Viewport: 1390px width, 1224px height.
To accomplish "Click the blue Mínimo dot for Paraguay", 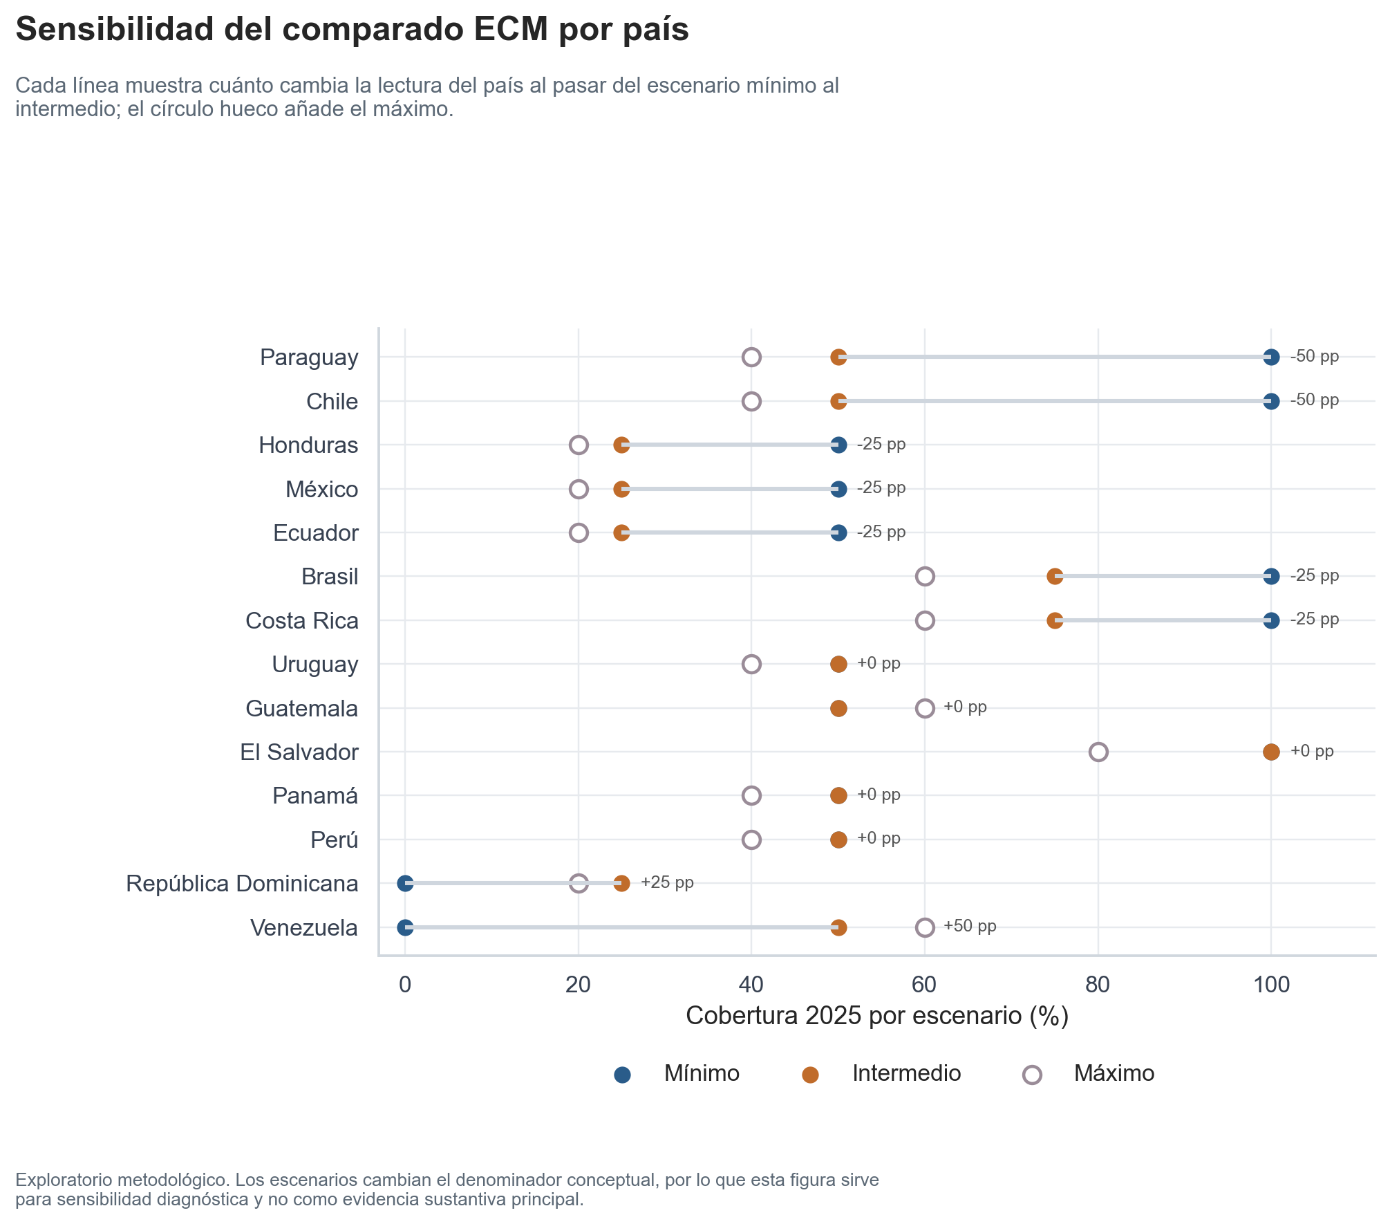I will coord(1270,358).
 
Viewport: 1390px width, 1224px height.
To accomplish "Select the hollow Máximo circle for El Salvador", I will coord(1098,752).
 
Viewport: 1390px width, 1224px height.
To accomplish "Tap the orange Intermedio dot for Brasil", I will coord(1054,577).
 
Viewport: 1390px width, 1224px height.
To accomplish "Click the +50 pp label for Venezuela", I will coord(970,927).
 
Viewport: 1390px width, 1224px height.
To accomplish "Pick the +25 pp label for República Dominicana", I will coord(667,883).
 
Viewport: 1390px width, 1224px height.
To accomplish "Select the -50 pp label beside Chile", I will coord(1314,400).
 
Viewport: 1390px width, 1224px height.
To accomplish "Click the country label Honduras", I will coord(308,445).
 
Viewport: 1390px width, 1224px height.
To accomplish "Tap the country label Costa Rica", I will coord(302,621).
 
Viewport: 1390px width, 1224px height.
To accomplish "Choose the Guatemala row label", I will coord(302,709).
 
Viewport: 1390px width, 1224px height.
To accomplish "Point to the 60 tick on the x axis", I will coord(924,985).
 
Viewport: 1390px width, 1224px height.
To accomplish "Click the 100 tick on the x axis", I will coord(1271,985).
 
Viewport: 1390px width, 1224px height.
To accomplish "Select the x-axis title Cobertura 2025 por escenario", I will coord(876,1016).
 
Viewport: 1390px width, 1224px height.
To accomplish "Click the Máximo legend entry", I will coord(1114,1073).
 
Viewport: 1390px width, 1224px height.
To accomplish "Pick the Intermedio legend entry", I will coord(906,1073).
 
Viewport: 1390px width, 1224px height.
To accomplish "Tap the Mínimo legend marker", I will coord(622,1075).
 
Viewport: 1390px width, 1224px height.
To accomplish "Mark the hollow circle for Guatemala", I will coord(925,709).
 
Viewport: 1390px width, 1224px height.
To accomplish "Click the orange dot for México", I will coord(621,490).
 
